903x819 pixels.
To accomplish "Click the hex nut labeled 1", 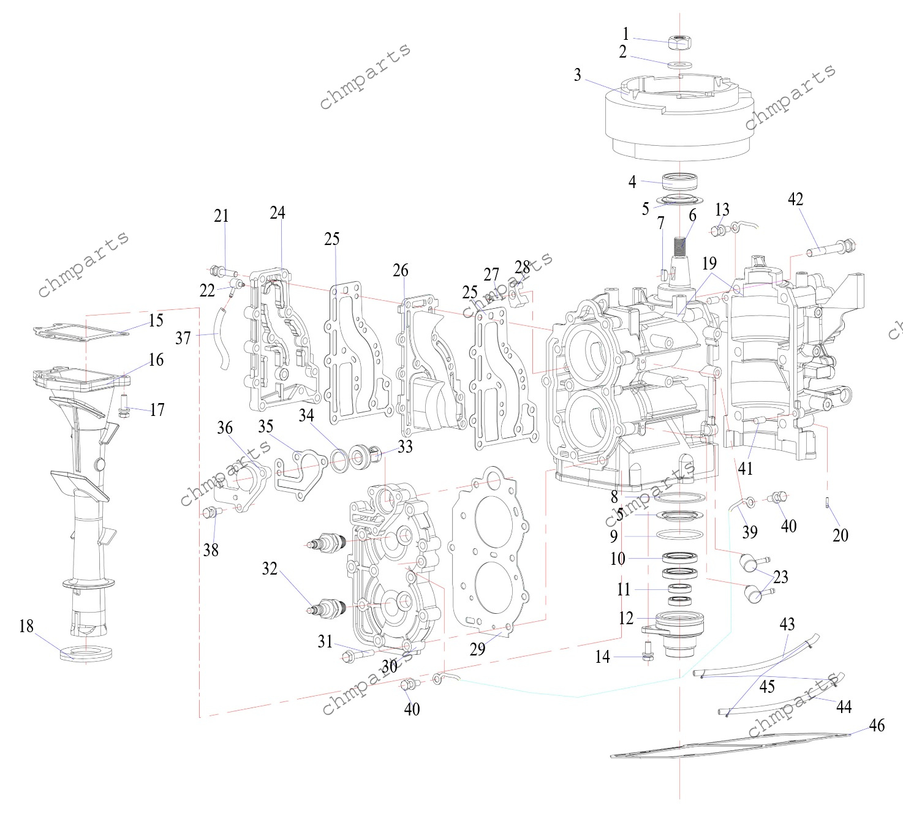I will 679,42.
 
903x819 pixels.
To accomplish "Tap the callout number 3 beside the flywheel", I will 577,75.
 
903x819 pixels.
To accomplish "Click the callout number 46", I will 877,725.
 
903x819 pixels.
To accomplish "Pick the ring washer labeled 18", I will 86,653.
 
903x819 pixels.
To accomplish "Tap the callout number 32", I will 270,568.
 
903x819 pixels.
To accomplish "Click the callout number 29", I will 477,649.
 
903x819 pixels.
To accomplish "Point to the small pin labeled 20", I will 828,503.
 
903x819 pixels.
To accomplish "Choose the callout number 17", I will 157,409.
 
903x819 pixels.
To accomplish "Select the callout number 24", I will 278,213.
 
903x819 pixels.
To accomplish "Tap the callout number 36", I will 225,428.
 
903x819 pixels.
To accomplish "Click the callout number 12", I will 625,618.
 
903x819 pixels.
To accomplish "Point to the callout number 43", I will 787,624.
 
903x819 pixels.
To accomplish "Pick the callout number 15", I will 156,320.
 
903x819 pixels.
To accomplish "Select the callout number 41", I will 745,469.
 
